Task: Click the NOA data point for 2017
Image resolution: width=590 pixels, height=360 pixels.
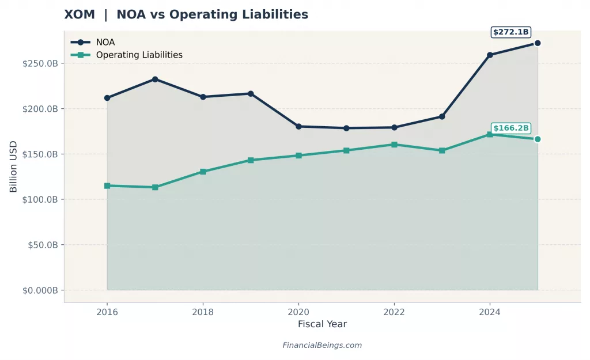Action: (155, 79)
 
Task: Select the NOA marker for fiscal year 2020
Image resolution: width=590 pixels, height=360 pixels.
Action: (298, 126)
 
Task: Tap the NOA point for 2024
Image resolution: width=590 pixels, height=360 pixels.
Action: (490, 55)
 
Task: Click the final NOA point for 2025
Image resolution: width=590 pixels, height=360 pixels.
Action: (538, 43)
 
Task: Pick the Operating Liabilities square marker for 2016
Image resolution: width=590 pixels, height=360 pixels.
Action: (107, 185)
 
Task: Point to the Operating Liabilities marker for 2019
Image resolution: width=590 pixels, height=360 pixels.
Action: (251, 160)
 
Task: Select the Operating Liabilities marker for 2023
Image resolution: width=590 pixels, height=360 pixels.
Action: (442, 150)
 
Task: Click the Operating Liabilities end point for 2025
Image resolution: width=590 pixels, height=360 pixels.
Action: (538, 139)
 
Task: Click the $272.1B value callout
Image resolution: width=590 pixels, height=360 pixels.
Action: (510, 32)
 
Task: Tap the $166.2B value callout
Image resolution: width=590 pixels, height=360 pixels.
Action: (510, 128)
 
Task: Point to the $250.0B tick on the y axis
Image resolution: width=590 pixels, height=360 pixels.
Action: (40, 63)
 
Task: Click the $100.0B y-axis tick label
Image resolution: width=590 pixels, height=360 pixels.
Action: (40, 199)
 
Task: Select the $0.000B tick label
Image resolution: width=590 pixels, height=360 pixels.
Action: (40, 290)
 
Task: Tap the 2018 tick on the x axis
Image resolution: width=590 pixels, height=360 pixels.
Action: (203, 312)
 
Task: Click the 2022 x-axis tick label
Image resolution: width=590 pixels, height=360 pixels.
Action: (394, 312)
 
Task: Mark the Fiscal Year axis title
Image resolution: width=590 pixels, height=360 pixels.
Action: (322, 324)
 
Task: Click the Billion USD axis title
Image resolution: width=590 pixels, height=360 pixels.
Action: (13, 166)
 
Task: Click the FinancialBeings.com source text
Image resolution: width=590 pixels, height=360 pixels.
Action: (322, 346)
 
